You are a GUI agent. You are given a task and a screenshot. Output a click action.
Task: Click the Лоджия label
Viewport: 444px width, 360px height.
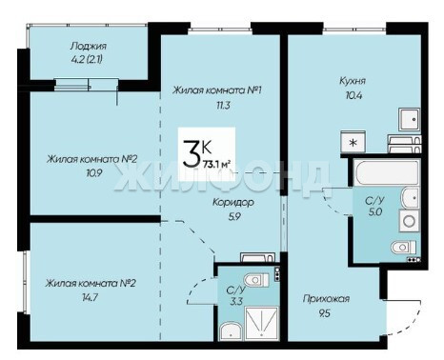88,47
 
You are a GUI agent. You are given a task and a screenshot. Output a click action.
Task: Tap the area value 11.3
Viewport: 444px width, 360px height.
223,105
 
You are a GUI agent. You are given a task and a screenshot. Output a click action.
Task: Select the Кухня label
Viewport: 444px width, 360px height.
353,81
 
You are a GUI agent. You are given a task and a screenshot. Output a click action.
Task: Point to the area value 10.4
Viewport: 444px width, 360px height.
353,95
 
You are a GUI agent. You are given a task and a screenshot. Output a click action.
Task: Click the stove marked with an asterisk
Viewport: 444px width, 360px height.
353,142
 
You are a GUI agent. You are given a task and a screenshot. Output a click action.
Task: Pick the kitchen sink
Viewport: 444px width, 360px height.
410,119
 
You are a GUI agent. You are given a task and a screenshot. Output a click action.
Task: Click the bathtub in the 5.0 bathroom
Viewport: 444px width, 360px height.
386,172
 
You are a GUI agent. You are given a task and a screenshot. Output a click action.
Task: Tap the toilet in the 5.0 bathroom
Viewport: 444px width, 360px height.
403,247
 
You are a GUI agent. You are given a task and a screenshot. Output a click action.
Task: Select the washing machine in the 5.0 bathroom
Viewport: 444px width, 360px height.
410,221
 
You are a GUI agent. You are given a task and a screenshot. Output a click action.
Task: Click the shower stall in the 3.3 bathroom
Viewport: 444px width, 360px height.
262,323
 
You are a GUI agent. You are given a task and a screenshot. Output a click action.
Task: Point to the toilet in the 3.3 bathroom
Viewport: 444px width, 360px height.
256,280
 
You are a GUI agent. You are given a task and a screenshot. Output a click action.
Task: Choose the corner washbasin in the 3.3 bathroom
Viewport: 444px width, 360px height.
231,331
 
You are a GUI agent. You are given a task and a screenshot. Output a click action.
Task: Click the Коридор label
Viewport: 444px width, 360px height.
233,202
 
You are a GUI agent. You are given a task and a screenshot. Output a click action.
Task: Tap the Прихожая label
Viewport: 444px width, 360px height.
326,299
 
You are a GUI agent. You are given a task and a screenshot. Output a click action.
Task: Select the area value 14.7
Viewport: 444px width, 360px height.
91,297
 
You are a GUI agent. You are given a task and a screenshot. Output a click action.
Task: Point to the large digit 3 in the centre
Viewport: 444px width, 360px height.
192,154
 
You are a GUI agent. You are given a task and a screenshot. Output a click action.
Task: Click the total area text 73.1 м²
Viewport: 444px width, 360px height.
216,164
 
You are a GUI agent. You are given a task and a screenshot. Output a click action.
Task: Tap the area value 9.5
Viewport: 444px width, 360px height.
324,313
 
